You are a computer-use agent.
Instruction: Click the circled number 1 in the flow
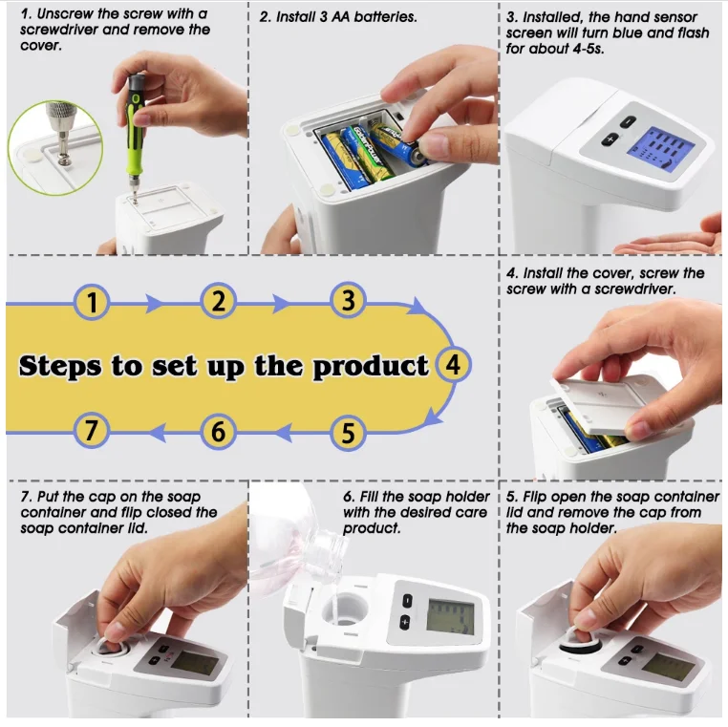[92, 302]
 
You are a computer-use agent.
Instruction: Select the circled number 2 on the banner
[218, 301]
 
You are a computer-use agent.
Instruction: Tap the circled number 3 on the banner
[348, 300]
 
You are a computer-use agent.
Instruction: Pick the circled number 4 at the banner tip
[454, 365]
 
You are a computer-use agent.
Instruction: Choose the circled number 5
[348, 432]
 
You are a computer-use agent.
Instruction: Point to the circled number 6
[218, 431]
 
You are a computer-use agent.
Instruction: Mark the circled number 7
[92, 430]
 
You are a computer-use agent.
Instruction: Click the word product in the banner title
[371, 367]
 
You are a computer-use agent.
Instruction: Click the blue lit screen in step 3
[661, 150]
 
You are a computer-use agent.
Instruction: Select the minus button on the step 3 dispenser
[628, 122]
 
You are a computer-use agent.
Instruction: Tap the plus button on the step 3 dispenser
[610, 139]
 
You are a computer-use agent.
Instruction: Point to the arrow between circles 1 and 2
[154, 304]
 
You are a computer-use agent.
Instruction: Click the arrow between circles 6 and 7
[158, 433]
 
